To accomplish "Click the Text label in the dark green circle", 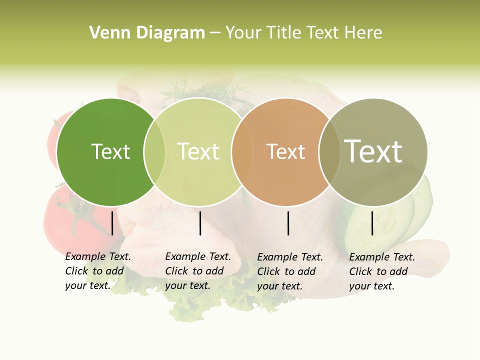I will (x=110, y=151).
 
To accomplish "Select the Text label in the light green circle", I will (x=198, y=151).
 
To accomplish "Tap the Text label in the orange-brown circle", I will (x=285, y=151).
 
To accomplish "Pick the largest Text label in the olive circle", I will (x=373, y=151).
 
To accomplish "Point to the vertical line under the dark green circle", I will (x=112, y=223).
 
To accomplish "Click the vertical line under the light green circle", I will (x=200, y=223).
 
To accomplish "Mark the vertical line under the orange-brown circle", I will (x=288, y=223).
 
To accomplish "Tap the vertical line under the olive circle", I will (x=372, y=223).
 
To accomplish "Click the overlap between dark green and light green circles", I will (x=154, y=152).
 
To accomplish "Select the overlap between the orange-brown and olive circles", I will (x=329, y=152).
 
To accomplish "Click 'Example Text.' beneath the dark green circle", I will (x=98, y=256).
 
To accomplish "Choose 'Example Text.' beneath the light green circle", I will (x=198, y=256).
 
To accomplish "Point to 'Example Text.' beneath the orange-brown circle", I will (x=290, y=257).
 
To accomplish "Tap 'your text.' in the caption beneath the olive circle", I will (x=371, y=286).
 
